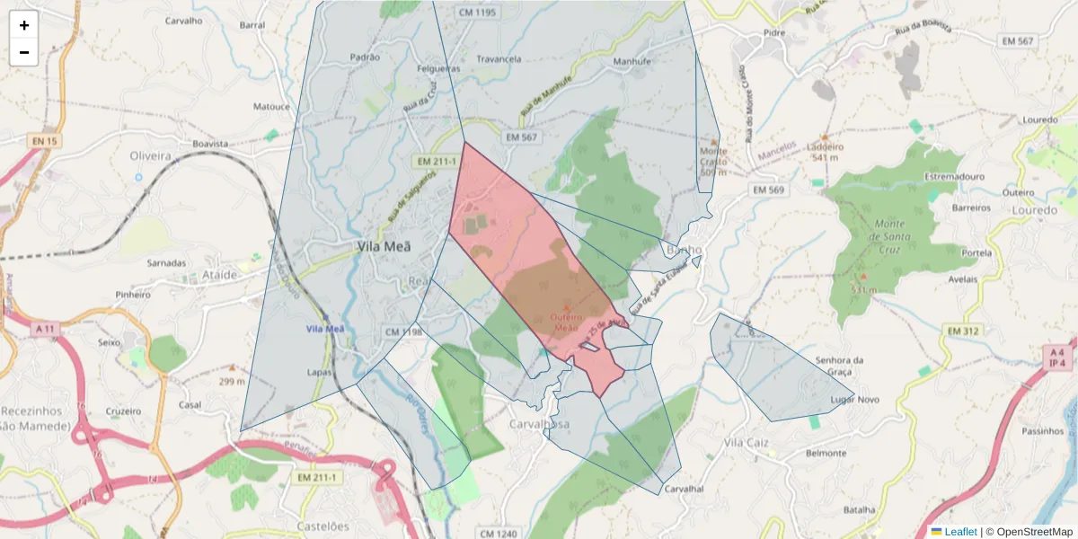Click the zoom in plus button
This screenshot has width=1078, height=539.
pyautogui.click(x=24, y=25)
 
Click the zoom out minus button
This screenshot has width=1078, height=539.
pyautogui.click(x=24, y=52)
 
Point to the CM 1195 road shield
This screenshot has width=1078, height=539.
pyautogui.click(x=477, y=12)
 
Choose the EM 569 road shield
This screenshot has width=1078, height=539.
pyautogui.click(x=768, y=190)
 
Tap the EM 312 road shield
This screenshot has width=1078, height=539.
pyautogui.click(x=963, y=332)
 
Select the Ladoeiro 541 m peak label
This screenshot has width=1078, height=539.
pyautogui.click(x=826, y=152)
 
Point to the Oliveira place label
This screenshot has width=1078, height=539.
pyautogui.click(x=150, y=155)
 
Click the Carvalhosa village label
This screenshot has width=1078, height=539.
pyautogui.click(x=539, y=424)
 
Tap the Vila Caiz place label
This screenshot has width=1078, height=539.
pyautogui.click(x=747, y=443)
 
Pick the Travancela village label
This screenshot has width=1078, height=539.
pyautogui.click(x=499, y=59)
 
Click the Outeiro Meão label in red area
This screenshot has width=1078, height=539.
pyautogui.click(x=567, y=322)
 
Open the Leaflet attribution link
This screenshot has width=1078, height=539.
pyautogui.click(x=960, y=532)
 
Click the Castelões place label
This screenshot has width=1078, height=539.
pyautogui.click(x=323, y=526)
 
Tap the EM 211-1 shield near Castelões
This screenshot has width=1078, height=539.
pyautogui.click(x=316, y=478)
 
